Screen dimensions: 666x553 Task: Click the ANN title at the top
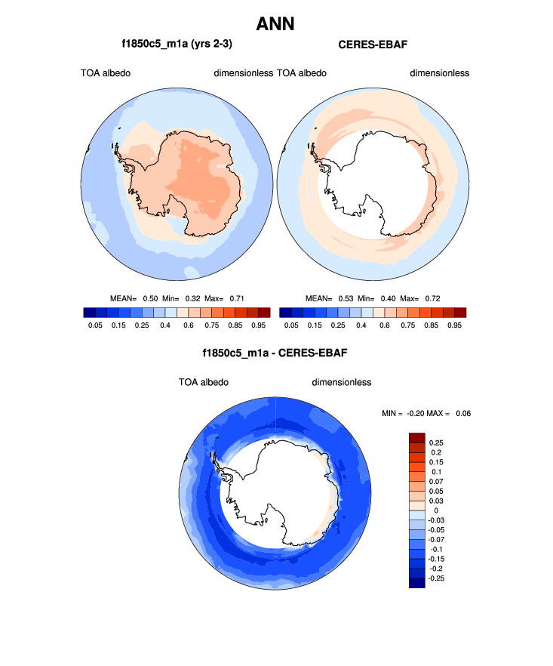point(275,24)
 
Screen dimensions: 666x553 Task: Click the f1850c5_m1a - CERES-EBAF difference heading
point(275,353)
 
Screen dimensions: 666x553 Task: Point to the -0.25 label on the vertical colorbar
point(438,578)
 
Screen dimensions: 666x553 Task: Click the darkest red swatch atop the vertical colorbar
point(417,438)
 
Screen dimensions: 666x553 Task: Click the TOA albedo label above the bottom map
point(204,382)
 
